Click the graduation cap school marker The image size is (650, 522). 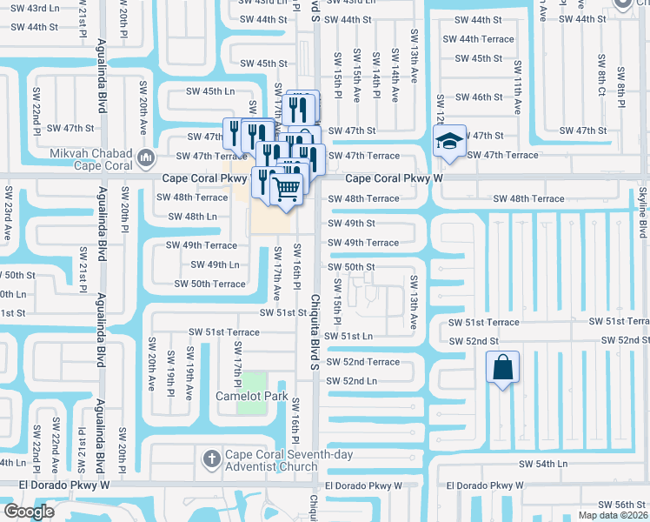click(450, 140)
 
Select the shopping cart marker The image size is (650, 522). click(288, 188)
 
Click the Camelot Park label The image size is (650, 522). click(251, 396)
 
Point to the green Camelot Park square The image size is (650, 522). click(252, 381)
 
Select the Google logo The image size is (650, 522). click(29, 512)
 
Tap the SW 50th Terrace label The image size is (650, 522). click(209, 284)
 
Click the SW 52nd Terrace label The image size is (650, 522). click(362, 362)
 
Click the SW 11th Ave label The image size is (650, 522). click(518, 87)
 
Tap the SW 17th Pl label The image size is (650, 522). click(235, 364)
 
